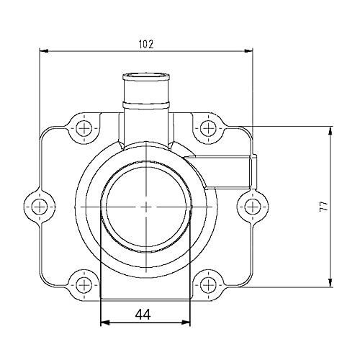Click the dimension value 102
pyautogui.click(x=145, y=45)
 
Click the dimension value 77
pyautogui.click(x=324, y=206)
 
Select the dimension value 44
pyautogui.click(x=143, y=315)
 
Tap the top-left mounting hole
pyautogui.click(x=84, y=128)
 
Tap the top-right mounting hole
pyautogui.click(x=208, y=128)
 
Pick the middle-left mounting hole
pyautogui.click(x=39, y=207)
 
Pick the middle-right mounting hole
pyautogui.click(x=252, y=207)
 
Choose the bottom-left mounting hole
pyautogui.click(x=84, y=285)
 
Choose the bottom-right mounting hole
pyautogui.click(x=208, y=285)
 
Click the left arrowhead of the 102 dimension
pyautogui.click(x=44, y=51)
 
